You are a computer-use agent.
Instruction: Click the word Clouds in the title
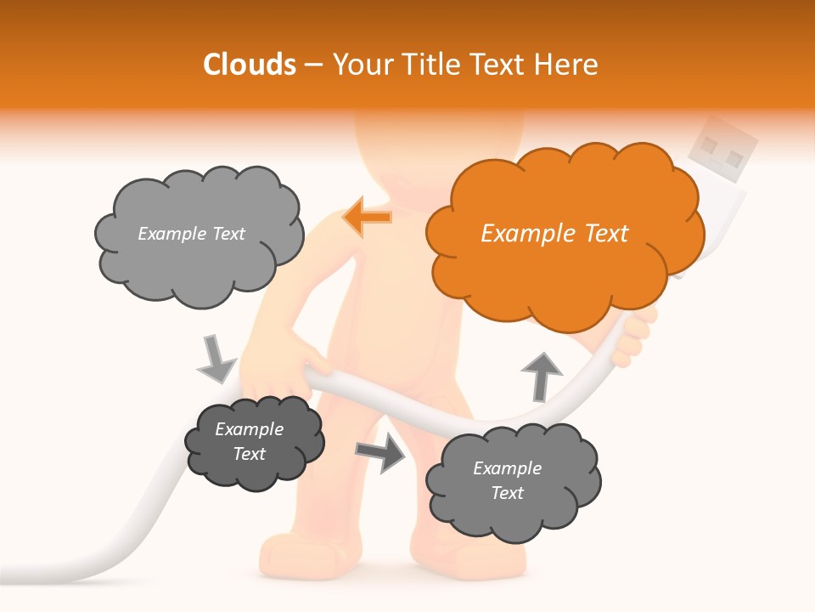[250, 65]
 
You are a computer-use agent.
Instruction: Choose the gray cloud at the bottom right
[512, 481]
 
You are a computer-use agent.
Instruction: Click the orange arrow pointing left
[368, 218]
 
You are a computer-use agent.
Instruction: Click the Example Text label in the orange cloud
[554, 233]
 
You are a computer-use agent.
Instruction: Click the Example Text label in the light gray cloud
[191, 234]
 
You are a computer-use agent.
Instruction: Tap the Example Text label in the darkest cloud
[250, 441]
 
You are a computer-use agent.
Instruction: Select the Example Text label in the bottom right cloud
[507, 480]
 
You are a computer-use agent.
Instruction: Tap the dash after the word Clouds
[313, 65]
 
